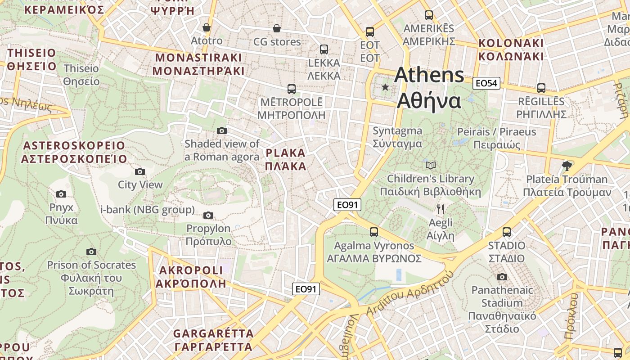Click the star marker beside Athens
(385, 87)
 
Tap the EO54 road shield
(486, 83)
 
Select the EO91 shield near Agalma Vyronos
(347, 205)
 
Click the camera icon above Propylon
(208, 216)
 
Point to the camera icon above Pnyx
(61, 194)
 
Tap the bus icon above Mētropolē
(292, 89)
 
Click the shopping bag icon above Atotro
(207, 28)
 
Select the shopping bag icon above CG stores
(277, 29)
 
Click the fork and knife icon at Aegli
(441, 209)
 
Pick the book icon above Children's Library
(431, 166)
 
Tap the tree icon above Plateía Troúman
(567, 166)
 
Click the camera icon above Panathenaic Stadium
(502, 277)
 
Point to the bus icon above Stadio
(507, 232)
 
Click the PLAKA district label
(285, 159)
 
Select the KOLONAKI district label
(511, 49)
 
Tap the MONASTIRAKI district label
(198, 64)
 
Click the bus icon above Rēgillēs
(541, 88)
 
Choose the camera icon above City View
(140, 171)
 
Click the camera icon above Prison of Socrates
(91, 252)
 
